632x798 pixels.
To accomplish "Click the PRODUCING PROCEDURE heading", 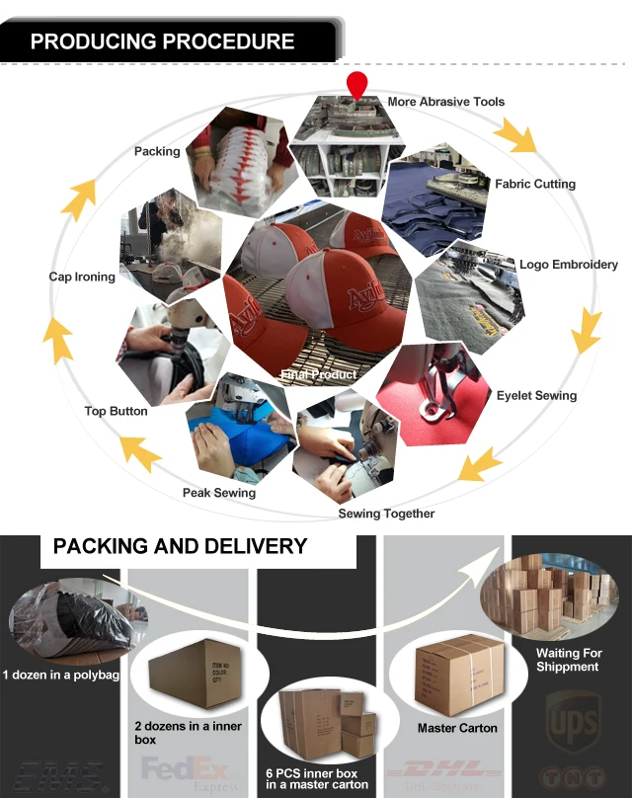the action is [163, 41].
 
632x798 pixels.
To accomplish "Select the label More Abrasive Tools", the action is [445, 102].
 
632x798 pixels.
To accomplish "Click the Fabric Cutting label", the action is [534, 184].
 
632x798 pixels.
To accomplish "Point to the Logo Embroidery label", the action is [569, 265].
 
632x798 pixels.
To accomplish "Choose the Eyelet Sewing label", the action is [536, 395].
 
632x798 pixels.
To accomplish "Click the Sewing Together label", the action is [386, 514].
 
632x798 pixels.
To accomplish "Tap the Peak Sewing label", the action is [218, 493].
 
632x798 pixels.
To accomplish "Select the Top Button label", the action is [116, 411].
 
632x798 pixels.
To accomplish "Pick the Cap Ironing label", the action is [82, 277].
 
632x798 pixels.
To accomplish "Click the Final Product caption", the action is [318, 375].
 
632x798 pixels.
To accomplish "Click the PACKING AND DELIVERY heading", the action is [180, 546].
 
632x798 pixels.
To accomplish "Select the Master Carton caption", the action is [456, 728].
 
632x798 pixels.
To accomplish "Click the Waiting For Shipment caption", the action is [568, 660].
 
